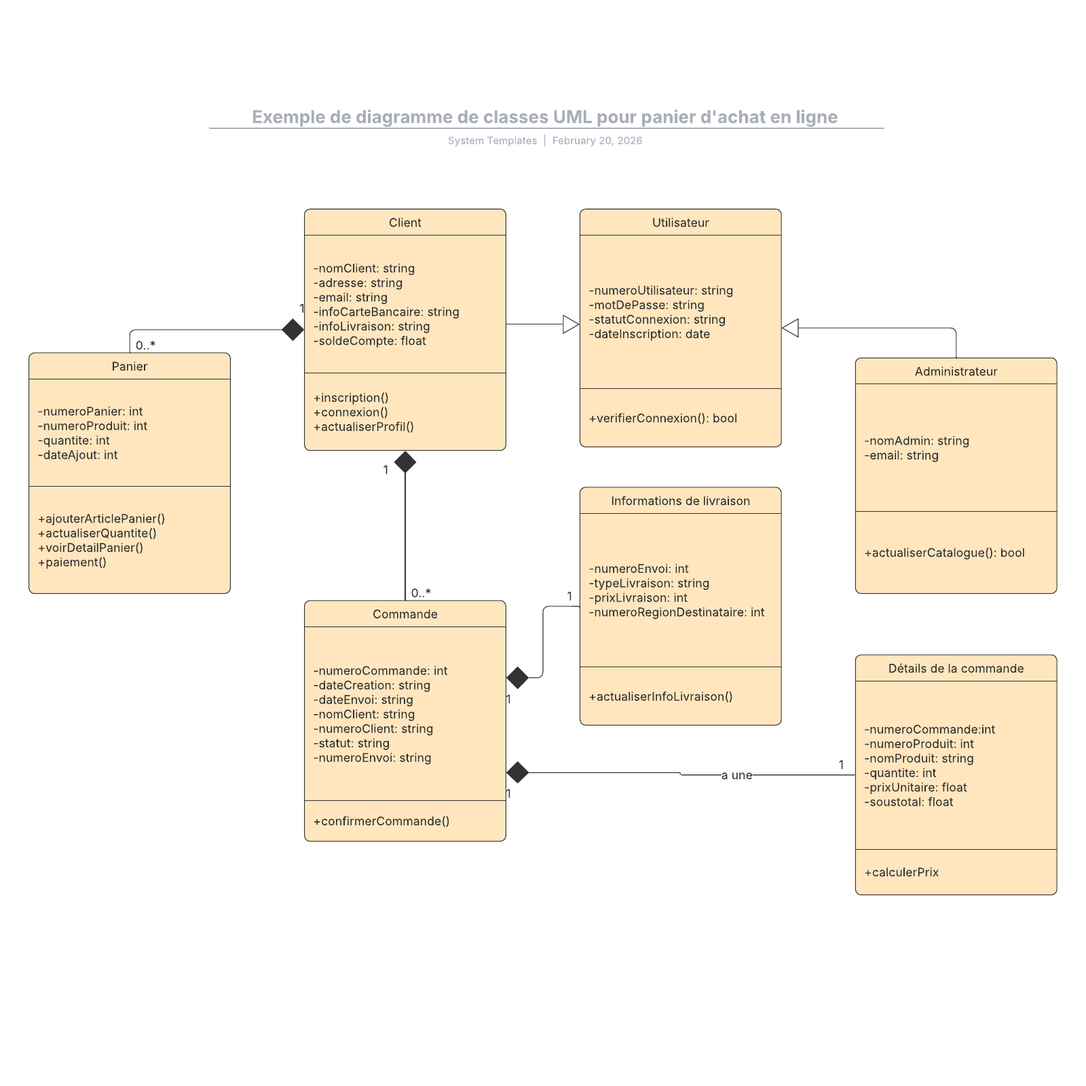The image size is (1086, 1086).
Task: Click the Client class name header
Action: [x=405, y=223]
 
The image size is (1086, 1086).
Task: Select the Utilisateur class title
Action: [x=680, y=223]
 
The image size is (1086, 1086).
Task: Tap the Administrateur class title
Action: [x=956, y=371]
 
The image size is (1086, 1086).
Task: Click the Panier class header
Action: [x=129, y=367]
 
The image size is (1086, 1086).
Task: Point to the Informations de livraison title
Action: [x=680, y=501]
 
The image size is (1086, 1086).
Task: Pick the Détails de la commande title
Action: [x=956, y=669]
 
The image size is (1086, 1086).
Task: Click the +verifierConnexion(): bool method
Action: [x=662, y=418]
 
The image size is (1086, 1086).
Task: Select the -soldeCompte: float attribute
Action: [x=370, y=341]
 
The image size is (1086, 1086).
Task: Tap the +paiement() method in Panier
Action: [x=73, y=562]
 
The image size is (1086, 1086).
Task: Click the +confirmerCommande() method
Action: [x=381, y=821]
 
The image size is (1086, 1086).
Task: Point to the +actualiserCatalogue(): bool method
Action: [x=944, y=553]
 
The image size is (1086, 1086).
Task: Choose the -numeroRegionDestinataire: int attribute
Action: [x=677, y=612]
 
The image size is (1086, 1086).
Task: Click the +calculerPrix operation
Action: [x=901, y=872]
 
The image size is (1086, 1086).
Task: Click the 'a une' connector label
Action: [x=736, y=775]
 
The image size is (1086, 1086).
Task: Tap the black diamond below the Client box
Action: [x=405, y=462]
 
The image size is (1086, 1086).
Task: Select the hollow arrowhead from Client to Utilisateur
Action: [x=571, y=324]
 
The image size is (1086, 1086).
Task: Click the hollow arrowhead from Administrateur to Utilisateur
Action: [x=790, y=328]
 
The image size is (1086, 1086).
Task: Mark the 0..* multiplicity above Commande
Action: [x=421, y=593]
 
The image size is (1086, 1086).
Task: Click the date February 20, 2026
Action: [x=597, y=141]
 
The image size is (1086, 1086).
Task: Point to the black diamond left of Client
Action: [x=293, y=330]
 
